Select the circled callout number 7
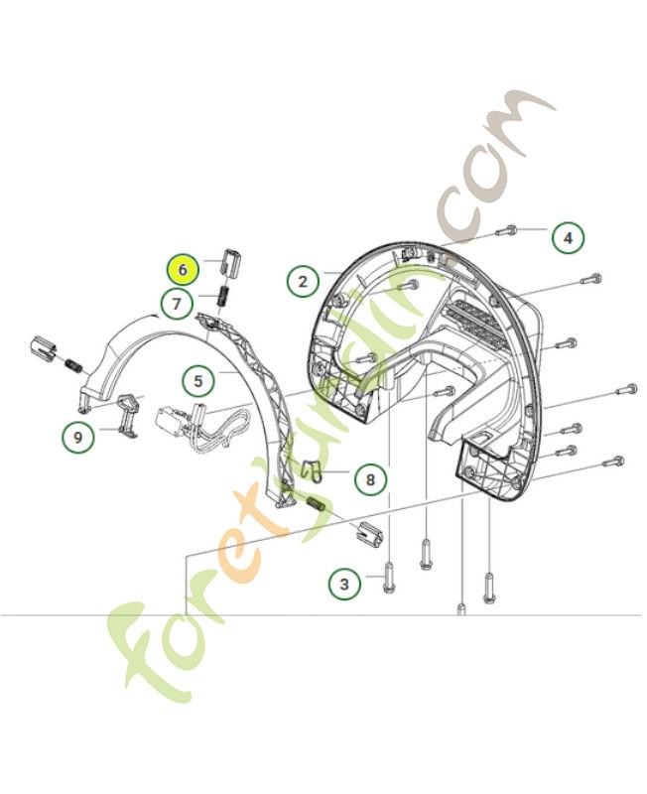[177, 303]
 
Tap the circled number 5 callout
[197, 379]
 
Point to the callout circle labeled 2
[303, 281]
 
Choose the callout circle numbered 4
[568, 238]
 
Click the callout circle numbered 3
[344, 584]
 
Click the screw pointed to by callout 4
[503, 231]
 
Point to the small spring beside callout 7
[223, 296]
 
